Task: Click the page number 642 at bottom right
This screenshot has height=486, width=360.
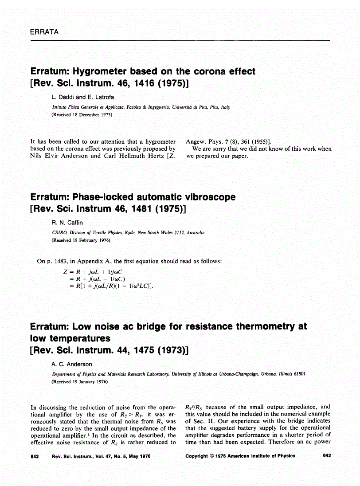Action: point(327,456)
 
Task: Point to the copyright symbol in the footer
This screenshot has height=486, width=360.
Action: point(215,456)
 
